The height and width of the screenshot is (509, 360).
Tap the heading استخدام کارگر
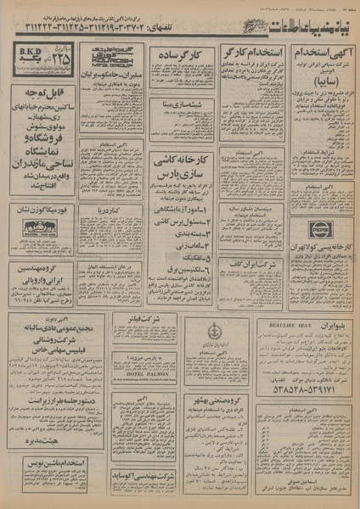click(x=250, y=54)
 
